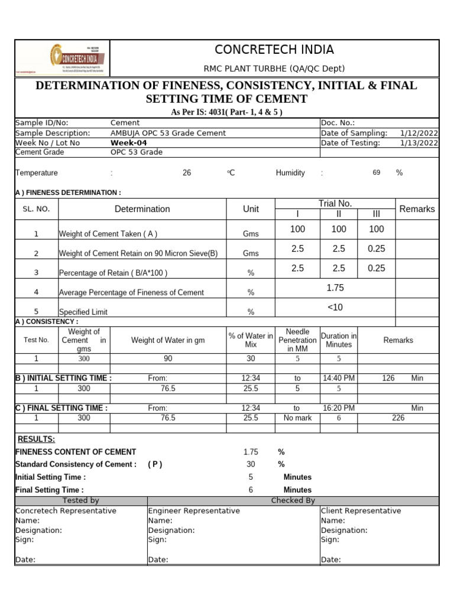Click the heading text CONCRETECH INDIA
pos(274,50)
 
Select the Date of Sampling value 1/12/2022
pos(419,133)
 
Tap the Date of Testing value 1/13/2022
pos(419,142)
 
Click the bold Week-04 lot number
pos(129,142)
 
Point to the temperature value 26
pos(187,173)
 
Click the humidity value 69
pos(377,173)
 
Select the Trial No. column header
pos(335,203)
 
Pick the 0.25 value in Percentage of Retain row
pos(376,268)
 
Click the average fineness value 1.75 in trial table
pos(335,288)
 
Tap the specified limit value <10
pos(335,307)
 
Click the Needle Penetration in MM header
pos(297,340)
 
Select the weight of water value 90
pos(168,359)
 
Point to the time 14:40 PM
pos(339,378)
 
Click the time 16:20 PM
pos(339,408)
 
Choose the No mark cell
pos(297,418)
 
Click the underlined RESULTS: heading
pos(36,440)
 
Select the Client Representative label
pos(361,510)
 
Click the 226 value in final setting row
pos(398,418)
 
